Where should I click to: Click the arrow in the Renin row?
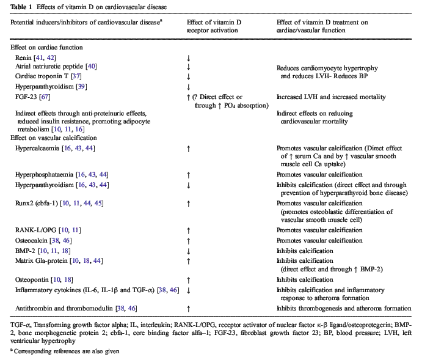pos(190,57)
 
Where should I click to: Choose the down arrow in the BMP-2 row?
pos(190,251)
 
